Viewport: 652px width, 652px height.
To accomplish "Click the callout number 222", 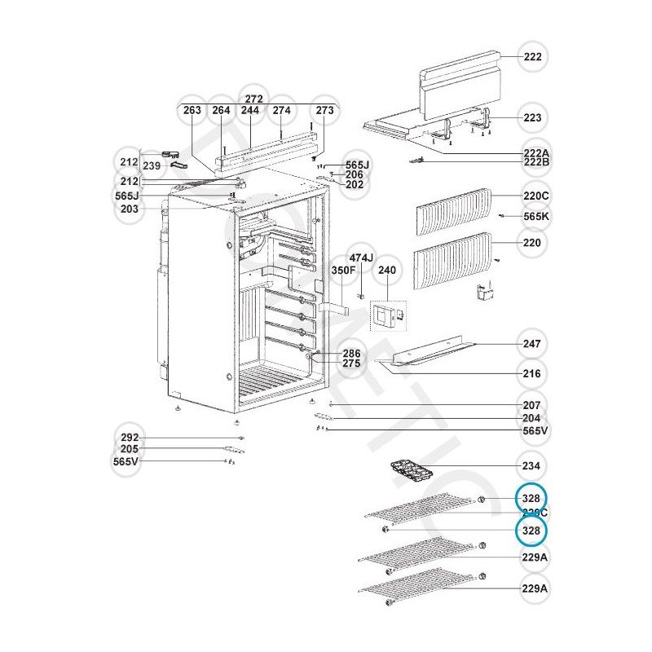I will (532, 58).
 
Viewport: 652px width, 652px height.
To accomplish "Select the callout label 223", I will (532, 118).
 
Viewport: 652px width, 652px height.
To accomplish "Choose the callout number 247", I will (532, 344).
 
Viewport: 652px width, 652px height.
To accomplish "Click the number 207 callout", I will (532, 405).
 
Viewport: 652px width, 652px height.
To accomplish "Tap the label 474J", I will (361, 258).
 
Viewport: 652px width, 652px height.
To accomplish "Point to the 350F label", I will (342, 270).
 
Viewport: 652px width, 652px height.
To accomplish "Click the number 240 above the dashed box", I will (385, 270).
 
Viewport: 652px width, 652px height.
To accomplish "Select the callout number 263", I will (192, 111).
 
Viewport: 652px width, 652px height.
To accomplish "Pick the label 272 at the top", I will (253, 99).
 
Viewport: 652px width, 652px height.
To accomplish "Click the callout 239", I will (152, 166).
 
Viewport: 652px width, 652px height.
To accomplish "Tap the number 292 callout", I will (130, 438).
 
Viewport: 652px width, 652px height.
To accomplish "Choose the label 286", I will (351, 354).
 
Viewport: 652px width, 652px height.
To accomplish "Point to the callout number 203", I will (130, 209).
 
